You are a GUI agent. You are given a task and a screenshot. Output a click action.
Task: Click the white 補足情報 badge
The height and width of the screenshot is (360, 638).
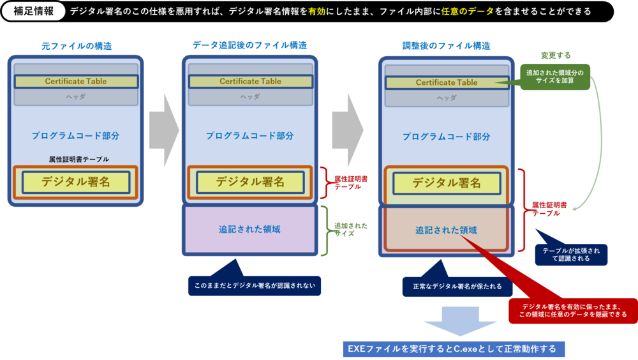pyautogui.click(x=34, y=11)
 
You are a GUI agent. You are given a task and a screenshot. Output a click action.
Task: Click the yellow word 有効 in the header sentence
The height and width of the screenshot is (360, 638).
pyautogui.click(x=317, y=11)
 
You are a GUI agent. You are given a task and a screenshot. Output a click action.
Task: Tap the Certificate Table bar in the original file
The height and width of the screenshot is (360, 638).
pyautogui.click(x=76, y=82)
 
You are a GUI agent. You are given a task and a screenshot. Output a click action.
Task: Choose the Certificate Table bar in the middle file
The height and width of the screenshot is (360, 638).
pyautogui.click(x=250, y=82)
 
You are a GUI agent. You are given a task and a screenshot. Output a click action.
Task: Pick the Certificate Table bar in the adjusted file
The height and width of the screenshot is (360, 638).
pyautogui.click(x=447, y=82)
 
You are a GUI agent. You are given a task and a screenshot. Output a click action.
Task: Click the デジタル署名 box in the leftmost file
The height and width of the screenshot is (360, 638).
pyautogui.click(x=76, y=182)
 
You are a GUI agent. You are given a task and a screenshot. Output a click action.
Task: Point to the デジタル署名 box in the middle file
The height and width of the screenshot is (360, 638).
pyautogui.click(x=250, y=182)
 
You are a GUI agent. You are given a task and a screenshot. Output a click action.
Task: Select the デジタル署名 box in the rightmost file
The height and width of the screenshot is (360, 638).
pyautogui.click(x=447, y=183)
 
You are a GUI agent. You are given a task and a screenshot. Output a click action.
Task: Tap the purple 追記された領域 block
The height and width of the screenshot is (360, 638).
pyautogui.click(x=249, y=229)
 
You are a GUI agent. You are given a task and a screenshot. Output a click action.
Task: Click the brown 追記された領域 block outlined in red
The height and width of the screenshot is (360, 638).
pyautogui.click(x=446, y=230)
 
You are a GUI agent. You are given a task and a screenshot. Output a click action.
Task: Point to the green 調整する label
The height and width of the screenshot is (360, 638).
pyautogui.click(x=556, y=56)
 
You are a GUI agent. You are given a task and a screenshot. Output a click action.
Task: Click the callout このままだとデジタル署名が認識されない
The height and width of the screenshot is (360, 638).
pyautogui.click(x=254, y=285)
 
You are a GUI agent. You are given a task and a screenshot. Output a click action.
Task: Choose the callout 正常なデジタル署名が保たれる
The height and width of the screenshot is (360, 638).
pyautogui.click(x=457, y=287)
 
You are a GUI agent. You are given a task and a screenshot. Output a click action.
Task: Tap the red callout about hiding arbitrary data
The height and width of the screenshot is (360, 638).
pyautogui.click(x=572, y=310)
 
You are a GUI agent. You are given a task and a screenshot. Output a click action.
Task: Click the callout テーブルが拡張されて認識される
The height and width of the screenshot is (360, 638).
pyautogui.click(x=571, y=255)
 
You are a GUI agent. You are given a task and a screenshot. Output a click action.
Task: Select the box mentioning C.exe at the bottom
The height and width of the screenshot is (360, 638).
pyautogui.click(x=452, y=349)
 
